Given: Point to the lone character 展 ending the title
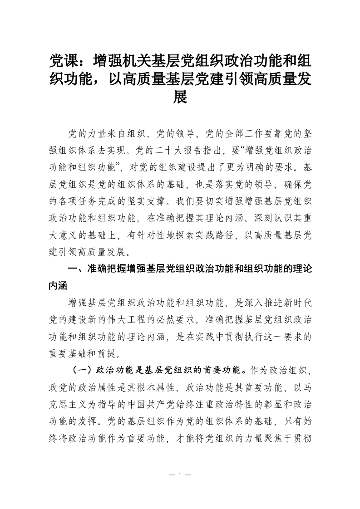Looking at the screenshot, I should coord(180,97).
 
